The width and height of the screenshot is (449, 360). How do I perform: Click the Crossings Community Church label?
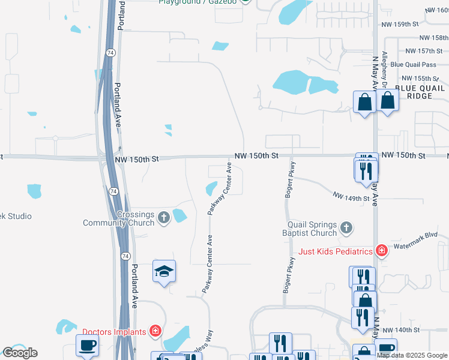click(x=120, y=218)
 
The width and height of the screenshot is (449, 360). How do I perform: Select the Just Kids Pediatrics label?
click(x=336, y=251)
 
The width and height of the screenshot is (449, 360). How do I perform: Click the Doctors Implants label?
click(x=114, y=332)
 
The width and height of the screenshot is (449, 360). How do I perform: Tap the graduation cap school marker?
click(x=164, y=272)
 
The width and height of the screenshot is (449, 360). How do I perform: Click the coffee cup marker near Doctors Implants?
click(x=88, y=346)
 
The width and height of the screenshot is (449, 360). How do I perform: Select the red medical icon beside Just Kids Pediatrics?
click(x=380, y=250)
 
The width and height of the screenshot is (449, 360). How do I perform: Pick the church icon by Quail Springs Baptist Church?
click(x=346, y=227)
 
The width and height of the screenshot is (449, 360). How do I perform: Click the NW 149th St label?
click(x=351, y=197)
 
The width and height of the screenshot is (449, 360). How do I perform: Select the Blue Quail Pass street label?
click(x=413, y=65)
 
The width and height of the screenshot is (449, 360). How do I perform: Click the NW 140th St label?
click(x=399, y=331)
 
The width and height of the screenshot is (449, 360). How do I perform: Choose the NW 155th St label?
click(x=417, y=79)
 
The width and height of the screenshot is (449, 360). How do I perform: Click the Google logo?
click(x=20, y=353)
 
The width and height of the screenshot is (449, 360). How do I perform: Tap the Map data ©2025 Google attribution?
click(x=412, y=355)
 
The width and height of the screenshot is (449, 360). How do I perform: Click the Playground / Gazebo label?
click(x=198, y=2)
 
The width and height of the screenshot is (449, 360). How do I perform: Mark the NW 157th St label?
click(x=419, y=51)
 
